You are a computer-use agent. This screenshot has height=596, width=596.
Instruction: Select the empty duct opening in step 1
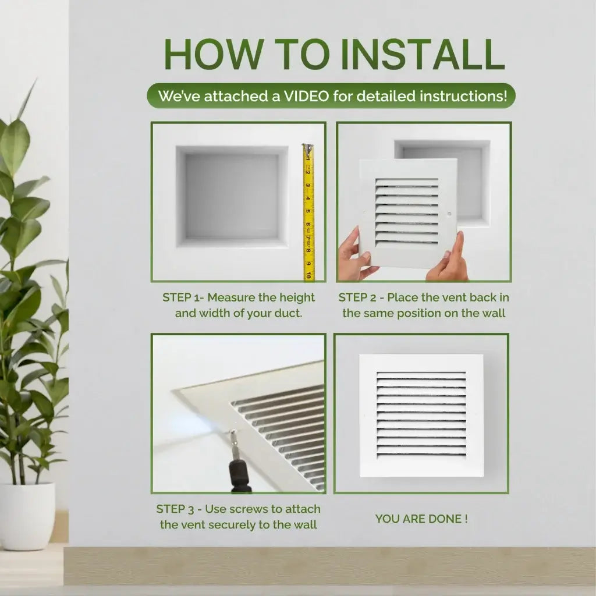232,196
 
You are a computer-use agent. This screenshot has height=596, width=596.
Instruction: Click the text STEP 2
358,297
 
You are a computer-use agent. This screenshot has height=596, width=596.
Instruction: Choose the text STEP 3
175,509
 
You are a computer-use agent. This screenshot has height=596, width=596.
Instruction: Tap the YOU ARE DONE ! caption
421,519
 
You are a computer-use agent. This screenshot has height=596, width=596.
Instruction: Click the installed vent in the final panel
421,415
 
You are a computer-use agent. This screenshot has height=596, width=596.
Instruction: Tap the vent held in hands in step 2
407,212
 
